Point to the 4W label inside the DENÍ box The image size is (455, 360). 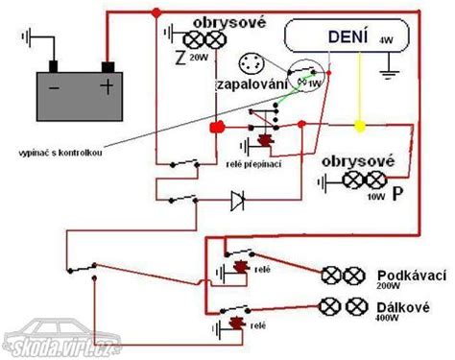pos(386,40)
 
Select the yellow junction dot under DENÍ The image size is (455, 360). pos(360,126)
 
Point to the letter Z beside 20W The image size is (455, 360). pos(180,58)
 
